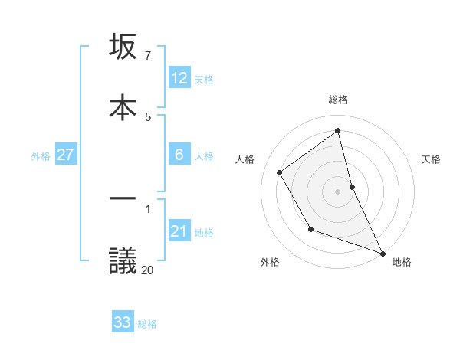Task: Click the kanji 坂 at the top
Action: pyautogui.click(x=123, y=47)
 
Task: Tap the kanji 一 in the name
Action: pyautogui.click(x=123, y=200)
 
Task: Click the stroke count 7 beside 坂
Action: pyautogui.click(x=147, y=56)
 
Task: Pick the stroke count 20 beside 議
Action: pyautogui.click(x=147, y=269)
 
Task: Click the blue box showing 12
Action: pyautogui.click(x=179, y=78)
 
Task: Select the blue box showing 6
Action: pyautogui.click(x=179, y=155)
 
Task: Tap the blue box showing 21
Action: pyautogui.click(x=179, y=231)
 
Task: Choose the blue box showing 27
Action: pyautogui.click(x=66, y=155)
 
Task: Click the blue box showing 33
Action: pyautogui.click(x=123, y=322)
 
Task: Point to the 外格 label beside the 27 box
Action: pyautogui.click(x=41, y=156)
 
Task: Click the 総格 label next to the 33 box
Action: pyautogui.click(x=147, y=324)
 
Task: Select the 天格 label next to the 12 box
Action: pyautogui.click(x=204, y=80)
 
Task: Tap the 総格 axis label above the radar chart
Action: pyautogui.click(x=338, y=100)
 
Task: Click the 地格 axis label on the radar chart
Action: pyautogui.click(x=402, y=262)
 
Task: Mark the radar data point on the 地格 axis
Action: pyautogui.click(x=383, y=254)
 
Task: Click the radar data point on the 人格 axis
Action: pyautogui.click(x=280, y=172)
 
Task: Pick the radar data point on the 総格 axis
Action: pyautogui.click(x=338, y=130)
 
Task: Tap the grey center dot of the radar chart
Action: pyautogui.click(x=338, y=191)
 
